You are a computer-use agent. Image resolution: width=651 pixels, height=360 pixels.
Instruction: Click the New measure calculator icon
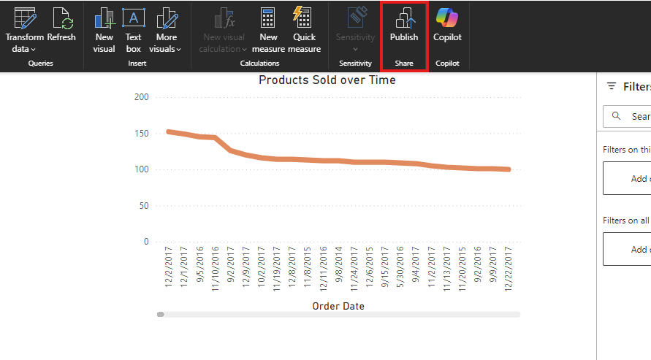point(268,18)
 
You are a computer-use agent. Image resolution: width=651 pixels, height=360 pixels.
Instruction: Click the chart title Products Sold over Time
point(327,80)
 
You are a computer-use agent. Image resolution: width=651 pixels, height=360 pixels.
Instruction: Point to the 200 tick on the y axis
point(141,97)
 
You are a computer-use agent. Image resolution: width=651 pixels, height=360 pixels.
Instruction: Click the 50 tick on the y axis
point(143,206)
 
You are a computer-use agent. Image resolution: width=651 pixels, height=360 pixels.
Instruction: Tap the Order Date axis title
point(338,306)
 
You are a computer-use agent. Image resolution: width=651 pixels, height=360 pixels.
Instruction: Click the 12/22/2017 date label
point(507,267)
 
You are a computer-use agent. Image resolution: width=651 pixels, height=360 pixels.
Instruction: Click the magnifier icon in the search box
point(617,116)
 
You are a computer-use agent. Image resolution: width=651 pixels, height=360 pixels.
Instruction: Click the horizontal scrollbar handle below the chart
point(161,315)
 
